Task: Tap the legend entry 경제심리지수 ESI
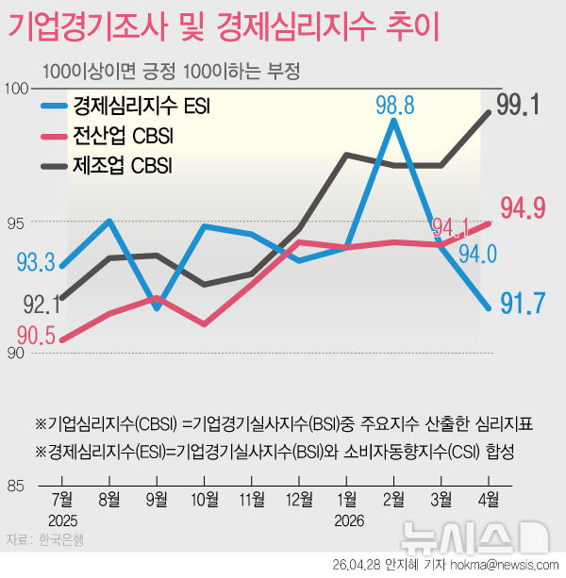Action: [141, 106]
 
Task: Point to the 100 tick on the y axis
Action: [18, 88]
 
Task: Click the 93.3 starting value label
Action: [36, 261]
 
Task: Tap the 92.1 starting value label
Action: [42, 304]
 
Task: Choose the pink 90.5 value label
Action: [36, 335]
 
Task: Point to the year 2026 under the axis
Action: [346, 520]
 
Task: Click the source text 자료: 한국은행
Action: [45, 540]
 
